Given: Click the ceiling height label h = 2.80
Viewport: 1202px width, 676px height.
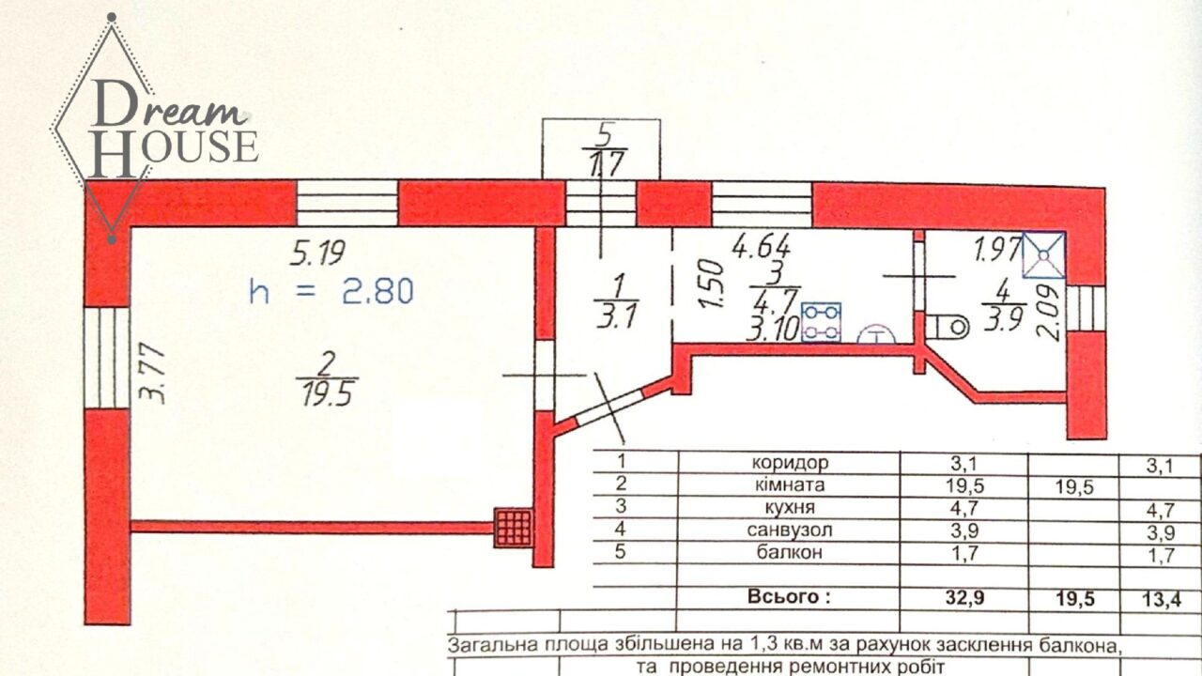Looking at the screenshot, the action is pos(331,291).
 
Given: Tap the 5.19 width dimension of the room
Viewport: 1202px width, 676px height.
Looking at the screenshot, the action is pos(317,253).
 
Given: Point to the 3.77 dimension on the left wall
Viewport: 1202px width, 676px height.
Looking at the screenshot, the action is pos(152,374).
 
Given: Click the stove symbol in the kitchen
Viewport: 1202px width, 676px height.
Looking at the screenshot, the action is pos(821,322).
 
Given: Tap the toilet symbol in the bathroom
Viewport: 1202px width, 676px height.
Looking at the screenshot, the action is pos(948,326).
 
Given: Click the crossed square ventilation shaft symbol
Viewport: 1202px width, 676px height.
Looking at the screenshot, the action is pos(1043,255).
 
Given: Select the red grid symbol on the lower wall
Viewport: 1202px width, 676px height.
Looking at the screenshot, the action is pos(514,528).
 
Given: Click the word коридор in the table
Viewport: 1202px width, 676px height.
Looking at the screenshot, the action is pos(790,462).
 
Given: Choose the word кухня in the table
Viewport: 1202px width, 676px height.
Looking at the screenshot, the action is pos(790,507).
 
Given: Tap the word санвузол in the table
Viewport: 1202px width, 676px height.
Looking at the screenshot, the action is pos(790,530).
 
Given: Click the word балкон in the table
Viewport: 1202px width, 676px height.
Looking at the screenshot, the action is pos(790,552).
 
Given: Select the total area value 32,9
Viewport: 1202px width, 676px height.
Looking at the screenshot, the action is pos(964,598).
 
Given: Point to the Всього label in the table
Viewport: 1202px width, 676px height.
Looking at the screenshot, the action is pos(789,597).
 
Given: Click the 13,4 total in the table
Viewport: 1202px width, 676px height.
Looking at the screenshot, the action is pos(1162,599).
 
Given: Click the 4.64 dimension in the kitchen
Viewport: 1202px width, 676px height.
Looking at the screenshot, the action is pos(762,249).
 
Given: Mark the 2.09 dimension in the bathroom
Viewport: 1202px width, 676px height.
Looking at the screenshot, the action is pos(1048,313).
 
